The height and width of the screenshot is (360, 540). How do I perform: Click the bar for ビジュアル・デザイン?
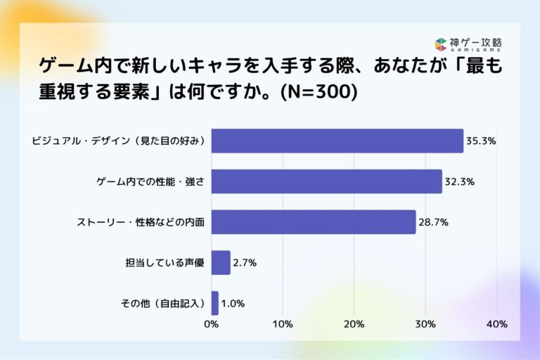coord(337,141)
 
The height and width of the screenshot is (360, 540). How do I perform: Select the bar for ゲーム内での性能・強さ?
coord(327,181)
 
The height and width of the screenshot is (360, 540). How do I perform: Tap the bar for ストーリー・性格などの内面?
coord(314,222)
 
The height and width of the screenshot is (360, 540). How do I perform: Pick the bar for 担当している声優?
coord(221,263)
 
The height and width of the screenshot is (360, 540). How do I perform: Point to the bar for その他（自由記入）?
coord(215,303)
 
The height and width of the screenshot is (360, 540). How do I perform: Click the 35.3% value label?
coord(481,141)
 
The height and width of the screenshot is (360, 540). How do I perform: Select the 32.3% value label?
coord(459,181)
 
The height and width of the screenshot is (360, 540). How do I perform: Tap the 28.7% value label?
coord(433,222)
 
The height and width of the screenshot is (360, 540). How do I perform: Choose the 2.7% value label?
coord(245,263)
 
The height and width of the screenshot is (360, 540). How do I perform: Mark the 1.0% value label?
coord(233,304)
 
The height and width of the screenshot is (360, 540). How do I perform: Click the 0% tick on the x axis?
coord(211,324)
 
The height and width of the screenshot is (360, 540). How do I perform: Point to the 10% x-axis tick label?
coord(283,324)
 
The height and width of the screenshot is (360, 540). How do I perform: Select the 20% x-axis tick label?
coord(354,324)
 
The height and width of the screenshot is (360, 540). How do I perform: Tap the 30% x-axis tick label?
coord(425,324)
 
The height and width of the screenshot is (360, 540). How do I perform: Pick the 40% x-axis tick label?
coord(496,324)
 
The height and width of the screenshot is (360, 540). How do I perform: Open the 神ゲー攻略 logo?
coord(468,44)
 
